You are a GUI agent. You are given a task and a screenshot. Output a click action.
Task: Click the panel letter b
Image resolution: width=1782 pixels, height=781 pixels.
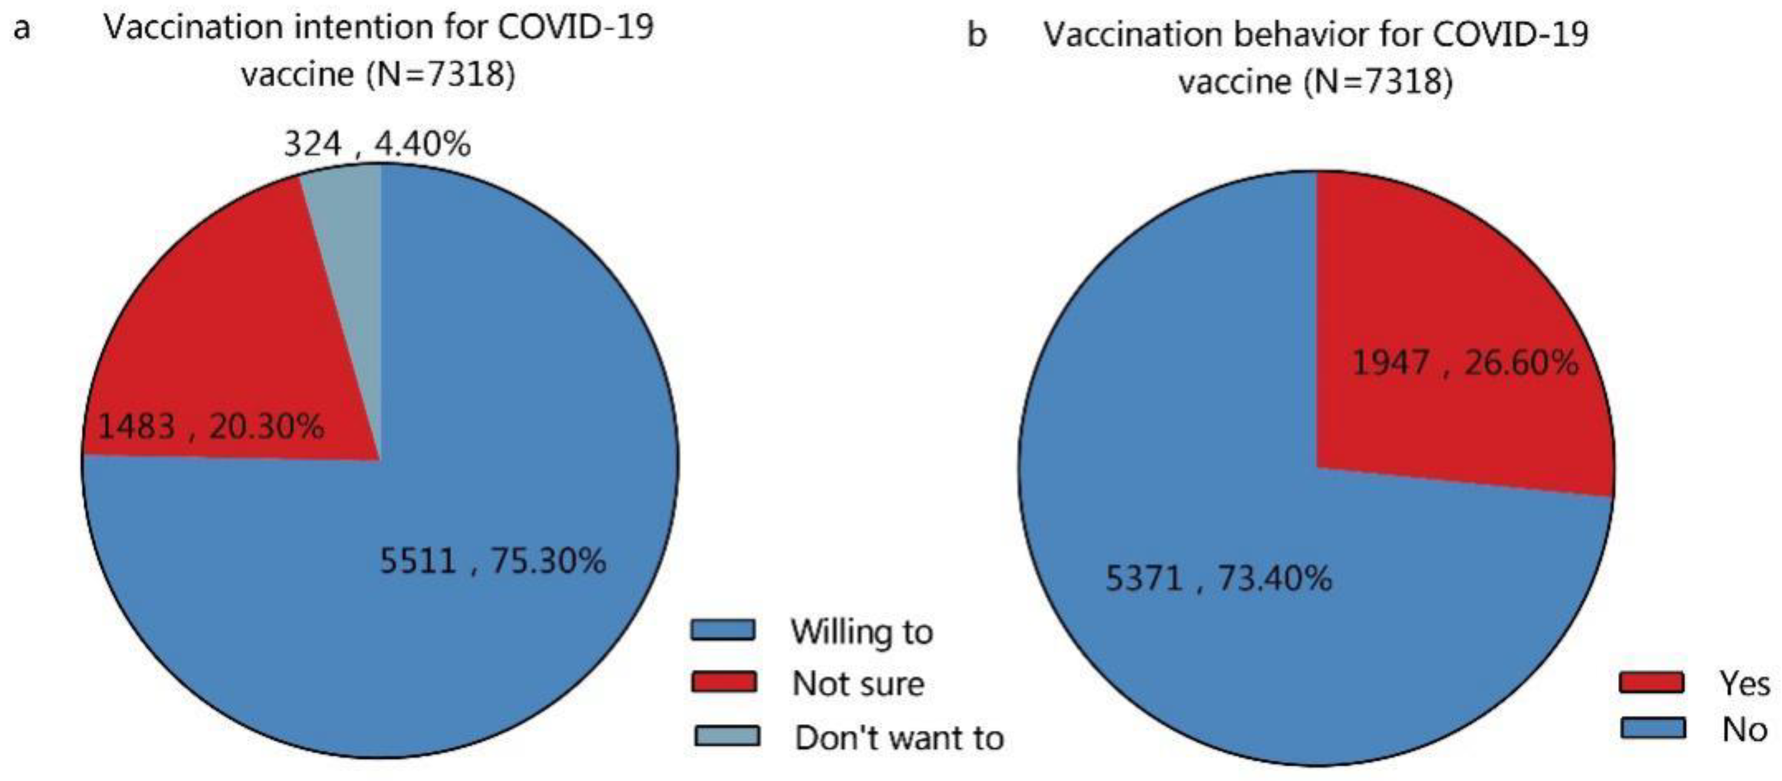click(976, 34)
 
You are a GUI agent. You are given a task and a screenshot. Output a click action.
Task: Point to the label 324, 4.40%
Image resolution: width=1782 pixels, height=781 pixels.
click(377, 145)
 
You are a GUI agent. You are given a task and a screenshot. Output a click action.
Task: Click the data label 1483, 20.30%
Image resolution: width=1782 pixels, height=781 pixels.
click(211, 426)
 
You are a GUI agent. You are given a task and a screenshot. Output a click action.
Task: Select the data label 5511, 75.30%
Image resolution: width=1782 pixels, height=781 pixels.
click(492, 560)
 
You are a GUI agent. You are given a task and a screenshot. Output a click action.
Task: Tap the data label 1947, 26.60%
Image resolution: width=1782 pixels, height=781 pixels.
click(1464, 362)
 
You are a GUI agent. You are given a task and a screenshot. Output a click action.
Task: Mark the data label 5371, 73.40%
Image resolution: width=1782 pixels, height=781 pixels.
click(1218, 578)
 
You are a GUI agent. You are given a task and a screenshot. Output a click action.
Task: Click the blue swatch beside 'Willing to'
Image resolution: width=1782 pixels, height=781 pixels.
click(723, 630)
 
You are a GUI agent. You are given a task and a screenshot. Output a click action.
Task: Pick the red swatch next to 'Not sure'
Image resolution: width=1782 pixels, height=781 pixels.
click(723, 682)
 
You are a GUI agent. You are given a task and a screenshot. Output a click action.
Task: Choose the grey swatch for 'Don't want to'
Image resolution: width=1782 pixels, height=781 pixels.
click(726, 736)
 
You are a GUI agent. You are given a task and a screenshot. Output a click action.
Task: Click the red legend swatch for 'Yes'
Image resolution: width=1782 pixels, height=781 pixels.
click(1652, 683)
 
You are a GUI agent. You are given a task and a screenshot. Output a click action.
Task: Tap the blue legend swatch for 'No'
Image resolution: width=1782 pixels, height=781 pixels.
click(1653, 728)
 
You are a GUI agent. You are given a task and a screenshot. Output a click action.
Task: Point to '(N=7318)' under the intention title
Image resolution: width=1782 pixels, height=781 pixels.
click(440, 74)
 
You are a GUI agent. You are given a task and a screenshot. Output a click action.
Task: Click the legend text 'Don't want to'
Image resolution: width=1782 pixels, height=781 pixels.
click(899, 738)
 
